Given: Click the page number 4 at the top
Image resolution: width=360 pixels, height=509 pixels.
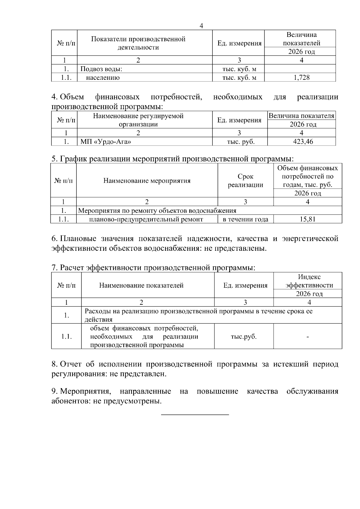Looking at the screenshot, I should point(201,26).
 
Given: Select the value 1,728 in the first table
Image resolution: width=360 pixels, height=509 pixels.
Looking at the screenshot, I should point(301,78).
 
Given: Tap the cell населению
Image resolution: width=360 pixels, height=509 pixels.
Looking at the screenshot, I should point(103,78).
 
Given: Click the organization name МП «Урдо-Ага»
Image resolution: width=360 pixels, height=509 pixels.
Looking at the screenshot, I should point(106,142).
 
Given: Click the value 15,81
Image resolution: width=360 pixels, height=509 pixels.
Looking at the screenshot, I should point(307,219).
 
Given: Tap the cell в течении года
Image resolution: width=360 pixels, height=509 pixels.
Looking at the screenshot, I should point(245,219).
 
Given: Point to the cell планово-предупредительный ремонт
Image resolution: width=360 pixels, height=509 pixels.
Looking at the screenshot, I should point(146,219).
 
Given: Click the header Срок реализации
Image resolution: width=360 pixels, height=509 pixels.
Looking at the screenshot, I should point(245,181).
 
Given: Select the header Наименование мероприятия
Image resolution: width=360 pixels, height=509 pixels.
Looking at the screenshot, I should point(147,181).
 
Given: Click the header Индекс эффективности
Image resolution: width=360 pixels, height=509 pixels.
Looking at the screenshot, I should point(309,281).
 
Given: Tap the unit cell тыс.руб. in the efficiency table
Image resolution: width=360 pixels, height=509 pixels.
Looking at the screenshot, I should point(244,336).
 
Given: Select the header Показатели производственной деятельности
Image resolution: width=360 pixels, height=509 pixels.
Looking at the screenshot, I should point(138,43).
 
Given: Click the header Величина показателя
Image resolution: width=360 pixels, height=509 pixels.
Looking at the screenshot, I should point(301,116).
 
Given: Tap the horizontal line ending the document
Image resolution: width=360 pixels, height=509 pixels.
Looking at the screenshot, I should point(195,415).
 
